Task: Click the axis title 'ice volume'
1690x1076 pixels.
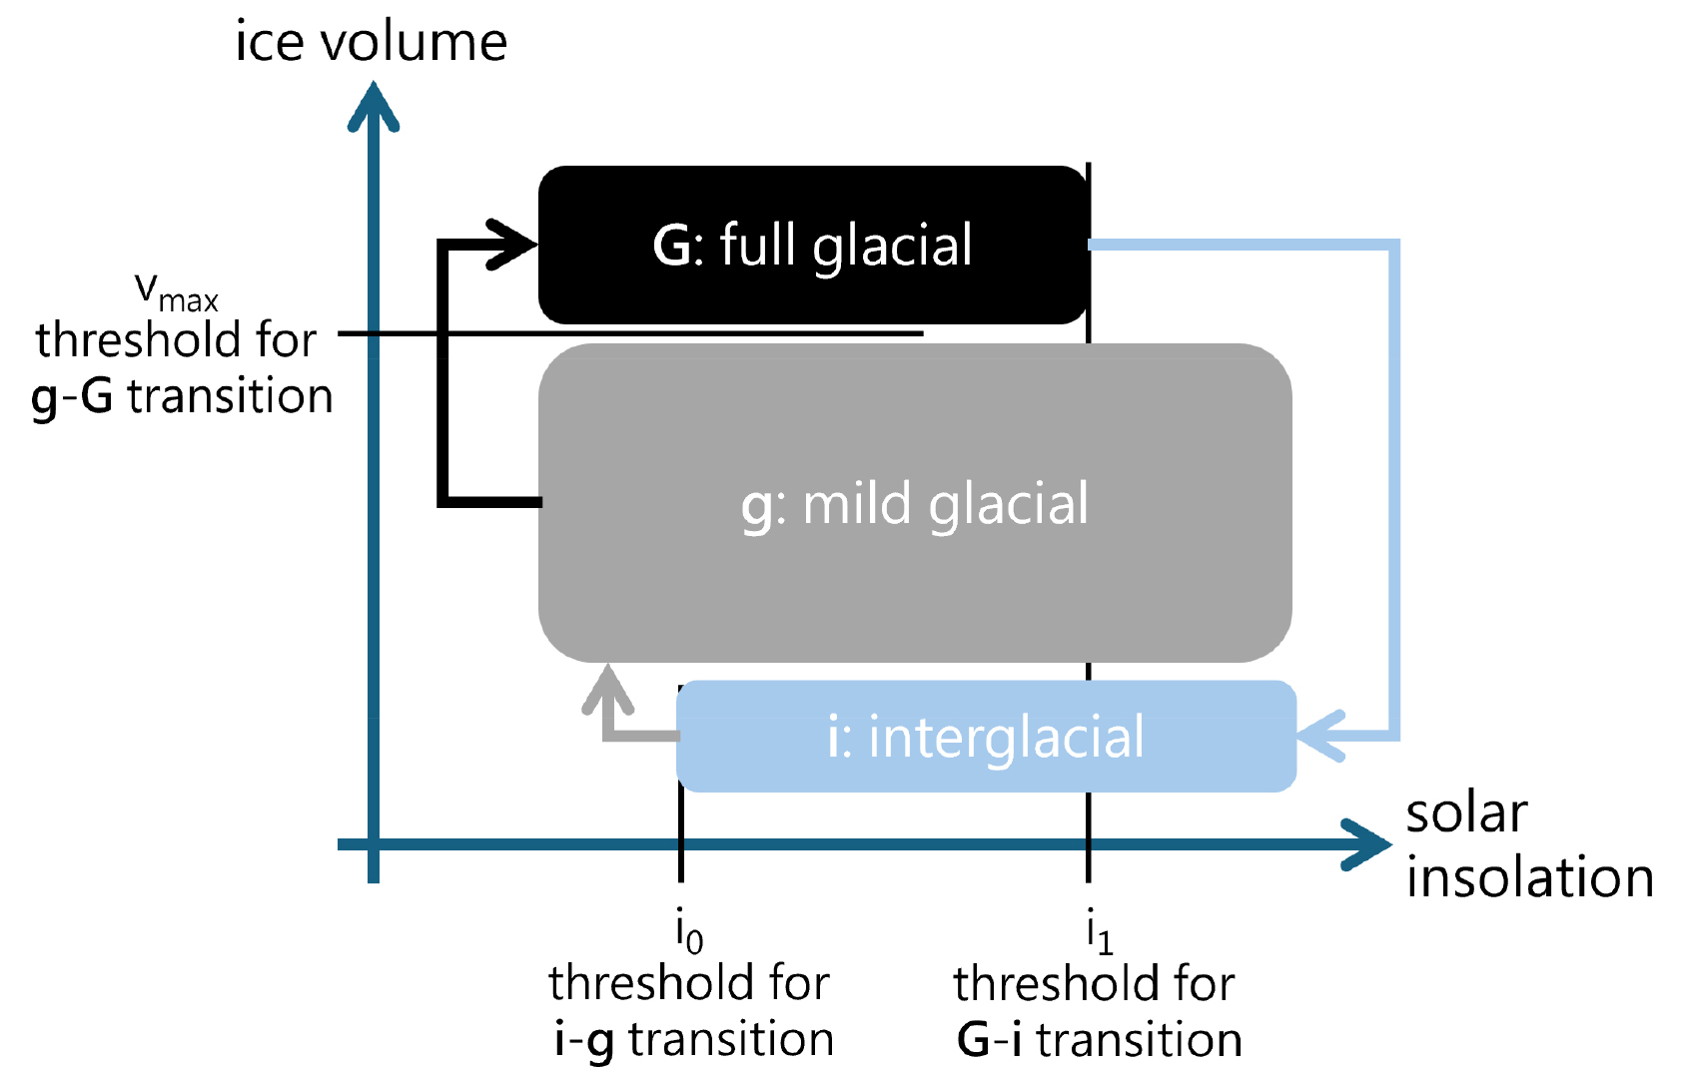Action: coord(371,42)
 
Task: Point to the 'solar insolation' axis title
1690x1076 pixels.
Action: coord(1528,846)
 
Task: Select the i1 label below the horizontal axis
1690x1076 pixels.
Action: coord(1099,932)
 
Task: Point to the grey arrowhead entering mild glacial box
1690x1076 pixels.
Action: coord(608,689)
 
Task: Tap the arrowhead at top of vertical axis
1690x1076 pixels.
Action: coord(374,106)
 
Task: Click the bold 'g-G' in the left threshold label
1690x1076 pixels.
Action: coord(72,397)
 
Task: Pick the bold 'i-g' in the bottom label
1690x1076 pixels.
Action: coord(584,1040)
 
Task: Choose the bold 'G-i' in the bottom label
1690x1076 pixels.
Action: coord(989,1040)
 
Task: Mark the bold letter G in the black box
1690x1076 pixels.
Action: coord(671,246)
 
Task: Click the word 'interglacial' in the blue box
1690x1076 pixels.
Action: coord(1006,739)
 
